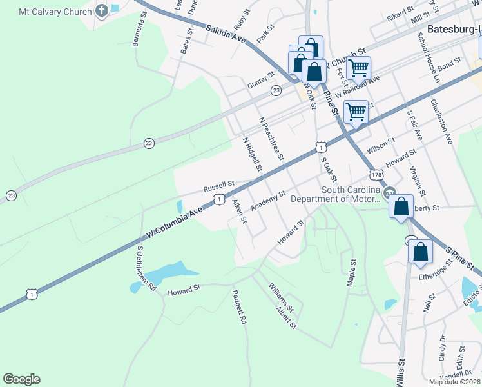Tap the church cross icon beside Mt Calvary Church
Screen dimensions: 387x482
(x=102, y=11)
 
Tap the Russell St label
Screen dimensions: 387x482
(x=218, y=186)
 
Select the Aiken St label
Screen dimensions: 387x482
(x=239, y=210)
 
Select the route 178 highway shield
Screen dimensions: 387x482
(x=377, y=175)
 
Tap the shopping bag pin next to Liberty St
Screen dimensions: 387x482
(x=401, y=207)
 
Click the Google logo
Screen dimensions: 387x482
(x=21, y=379)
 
